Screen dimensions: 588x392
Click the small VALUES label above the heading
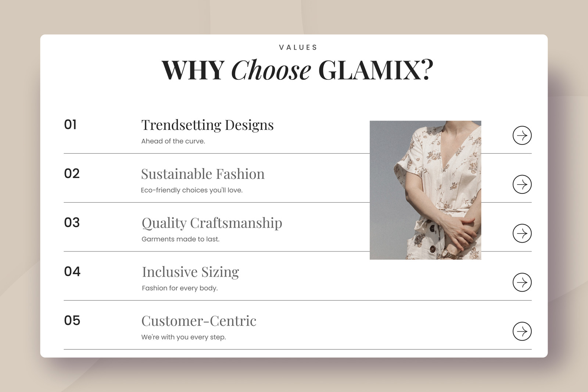tap(298, 47)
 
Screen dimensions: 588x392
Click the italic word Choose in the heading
tap(271, 70)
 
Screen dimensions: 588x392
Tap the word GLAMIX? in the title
tap(376, 70)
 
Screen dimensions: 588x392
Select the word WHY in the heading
tap(193, 70)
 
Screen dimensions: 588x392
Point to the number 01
tap(70, 125)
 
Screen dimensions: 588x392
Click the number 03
tap(72, 222)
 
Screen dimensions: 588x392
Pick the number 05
tap(72, 321)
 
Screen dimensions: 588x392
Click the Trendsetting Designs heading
tap(207, 125)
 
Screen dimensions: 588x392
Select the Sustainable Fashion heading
tap(202, 174)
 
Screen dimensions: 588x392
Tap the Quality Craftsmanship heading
tap(212, 223)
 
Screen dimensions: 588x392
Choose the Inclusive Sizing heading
tap(190, 272)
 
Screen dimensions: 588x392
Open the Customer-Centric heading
tap(199, 321)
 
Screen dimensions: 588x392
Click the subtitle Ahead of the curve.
tap(173, 141)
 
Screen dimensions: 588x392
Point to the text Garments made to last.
tap(180, 239)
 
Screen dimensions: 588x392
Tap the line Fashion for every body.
tap(180, 288)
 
